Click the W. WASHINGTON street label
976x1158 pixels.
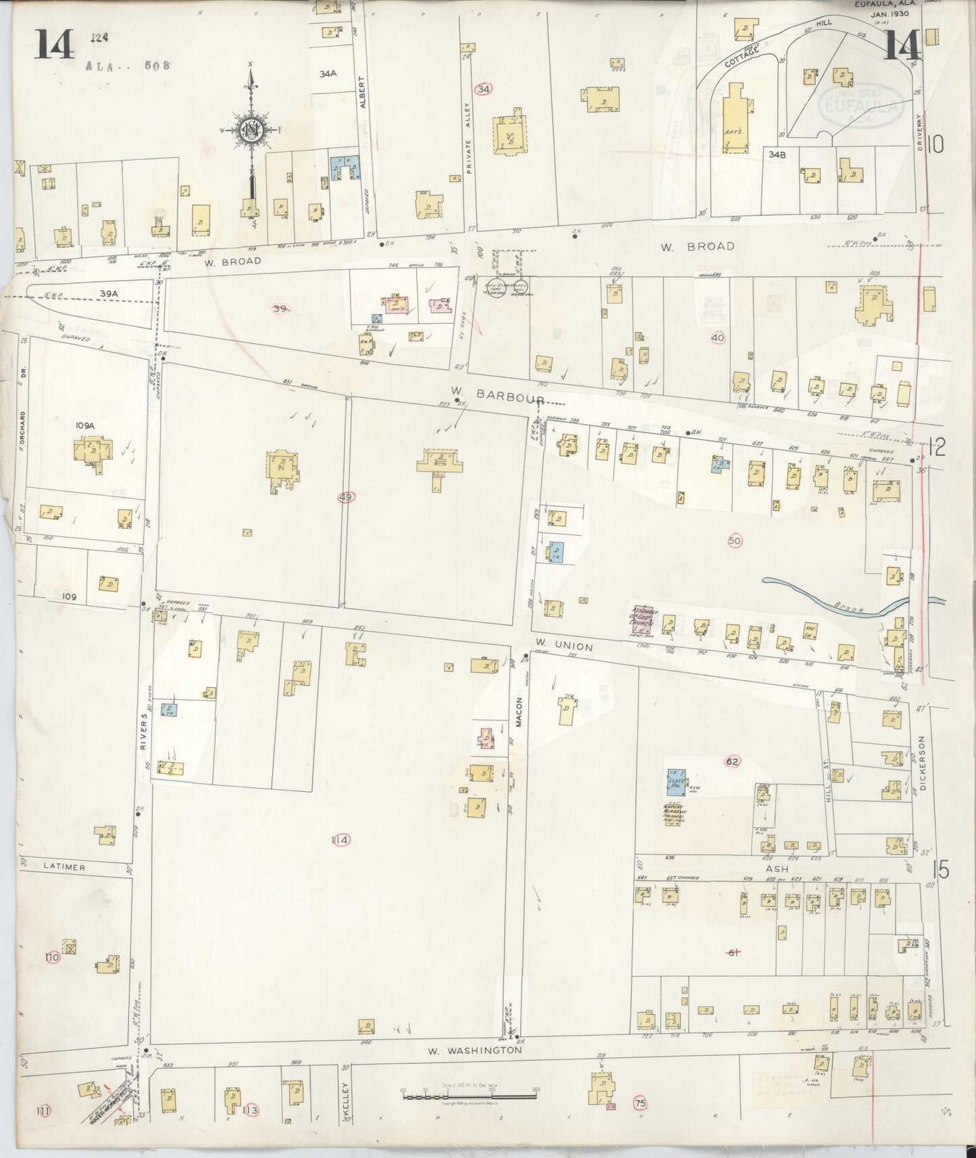(x=475, y=1051)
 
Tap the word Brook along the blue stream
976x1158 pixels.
(x=850, y=609)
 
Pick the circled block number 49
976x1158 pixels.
(x=346, y=497)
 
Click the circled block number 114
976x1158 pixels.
(x=340, y=840)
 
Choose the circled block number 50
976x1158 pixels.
(x=735, y=540)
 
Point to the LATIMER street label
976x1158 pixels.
(x=64, y=867)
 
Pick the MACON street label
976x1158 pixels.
(x=520, y=711)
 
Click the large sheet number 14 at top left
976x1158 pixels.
(x=55, y=45)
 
